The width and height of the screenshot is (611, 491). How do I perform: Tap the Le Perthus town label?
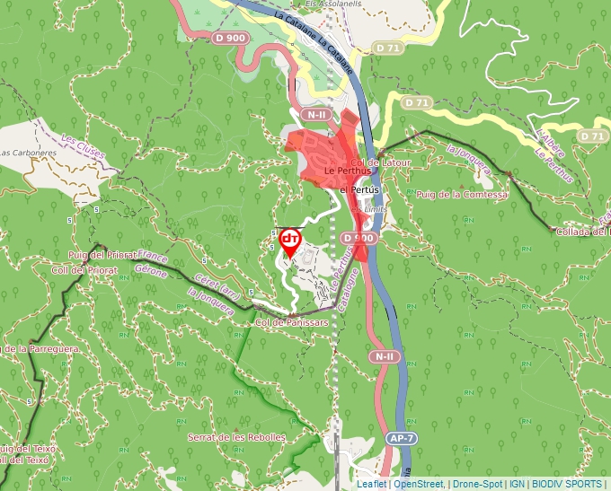coord(341,171)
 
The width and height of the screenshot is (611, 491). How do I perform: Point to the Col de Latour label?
coord(389,162)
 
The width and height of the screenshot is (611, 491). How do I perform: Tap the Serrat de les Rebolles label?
coord(237,437)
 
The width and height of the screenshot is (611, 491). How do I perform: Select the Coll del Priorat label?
coord(84,269)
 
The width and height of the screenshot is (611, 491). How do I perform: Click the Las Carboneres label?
coord(27,153)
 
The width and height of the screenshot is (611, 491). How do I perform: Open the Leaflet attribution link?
coord(371,484)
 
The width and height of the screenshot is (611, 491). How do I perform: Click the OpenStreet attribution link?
coord(420,484)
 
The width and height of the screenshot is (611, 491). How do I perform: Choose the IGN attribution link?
coord(518,484)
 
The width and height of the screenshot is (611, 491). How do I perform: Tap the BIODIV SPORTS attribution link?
coord(568,484)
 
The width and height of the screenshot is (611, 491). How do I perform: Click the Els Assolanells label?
coord(333,4)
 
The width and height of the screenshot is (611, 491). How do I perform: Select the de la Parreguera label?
coord(40,348)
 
